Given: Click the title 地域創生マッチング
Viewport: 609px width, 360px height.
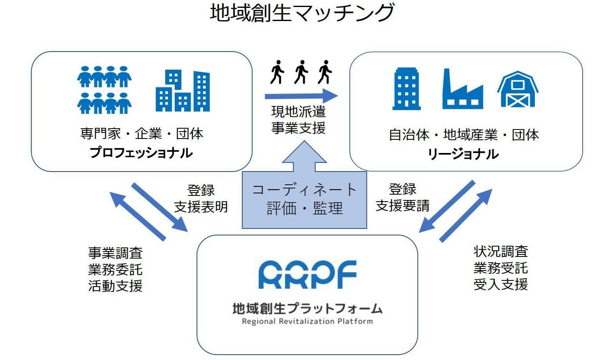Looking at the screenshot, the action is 302,13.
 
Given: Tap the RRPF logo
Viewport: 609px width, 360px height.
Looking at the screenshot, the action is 307,274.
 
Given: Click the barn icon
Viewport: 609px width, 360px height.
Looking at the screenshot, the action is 518,89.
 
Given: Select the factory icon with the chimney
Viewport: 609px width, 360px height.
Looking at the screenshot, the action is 463,89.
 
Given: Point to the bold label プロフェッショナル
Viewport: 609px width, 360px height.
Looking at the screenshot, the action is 141,153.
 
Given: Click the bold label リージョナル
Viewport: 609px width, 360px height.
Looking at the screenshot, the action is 463,154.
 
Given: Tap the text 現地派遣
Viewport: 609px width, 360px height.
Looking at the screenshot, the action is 298,112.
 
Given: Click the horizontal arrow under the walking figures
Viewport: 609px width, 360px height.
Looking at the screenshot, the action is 301,96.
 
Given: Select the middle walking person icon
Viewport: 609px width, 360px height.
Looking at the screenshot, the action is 301,72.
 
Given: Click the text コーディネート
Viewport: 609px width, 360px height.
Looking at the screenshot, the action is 304,190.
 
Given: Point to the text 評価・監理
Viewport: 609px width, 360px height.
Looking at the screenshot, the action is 304,208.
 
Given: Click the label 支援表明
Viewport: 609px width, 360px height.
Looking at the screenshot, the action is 201,207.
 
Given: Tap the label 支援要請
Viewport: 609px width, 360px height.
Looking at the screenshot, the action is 403,205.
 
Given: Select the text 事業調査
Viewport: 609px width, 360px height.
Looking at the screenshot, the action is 115,253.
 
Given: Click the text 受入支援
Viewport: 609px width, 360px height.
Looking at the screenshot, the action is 501,285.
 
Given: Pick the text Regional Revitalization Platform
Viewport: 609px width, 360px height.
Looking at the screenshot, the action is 307,321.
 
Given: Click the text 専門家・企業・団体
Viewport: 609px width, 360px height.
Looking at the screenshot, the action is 142,134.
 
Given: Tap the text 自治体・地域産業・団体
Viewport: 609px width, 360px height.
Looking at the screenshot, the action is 464,135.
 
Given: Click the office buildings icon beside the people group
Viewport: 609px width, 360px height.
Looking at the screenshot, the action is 183,91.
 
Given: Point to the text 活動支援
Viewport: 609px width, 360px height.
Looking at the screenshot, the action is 115,286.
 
